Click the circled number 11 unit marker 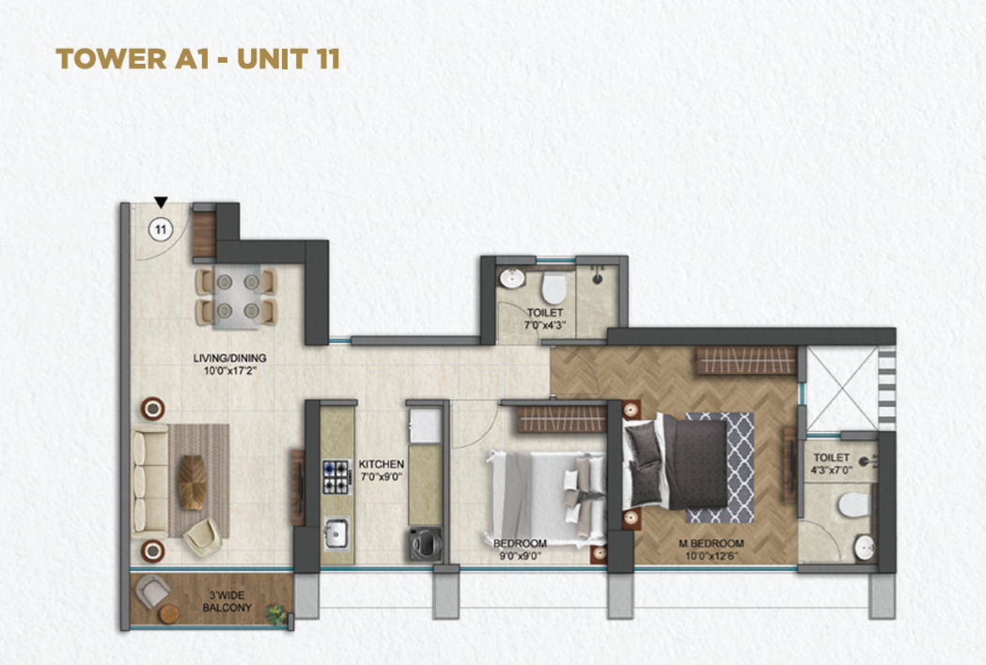coord(161,229)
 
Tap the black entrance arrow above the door coord(161,202)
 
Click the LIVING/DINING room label coord(229,358)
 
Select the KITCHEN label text coord(382,464)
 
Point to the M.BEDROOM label coord(712,543)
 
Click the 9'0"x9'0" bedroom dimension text coord(520,556)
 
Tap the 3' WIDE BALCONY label coord(227,601)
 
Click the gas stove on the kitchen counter coord(336,477)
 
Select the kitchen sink coord(336,534)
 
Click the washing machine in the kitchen coord(425,544)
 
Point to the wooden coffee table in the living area coord(193,482)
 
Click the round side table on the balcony coord(168,614)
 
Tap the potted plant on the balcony coord(275,614)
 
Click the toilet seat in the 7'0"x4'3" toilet coord(554,287)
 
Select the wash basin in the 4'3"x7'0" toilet coord(865,549)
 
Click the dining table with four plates coord(237,297)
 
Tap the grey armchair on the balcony coord(153,591)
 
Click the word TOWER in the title coord(111,58)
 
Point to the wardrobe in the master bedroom coord(745,362)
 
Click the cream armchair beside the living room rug coord(202,536)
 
